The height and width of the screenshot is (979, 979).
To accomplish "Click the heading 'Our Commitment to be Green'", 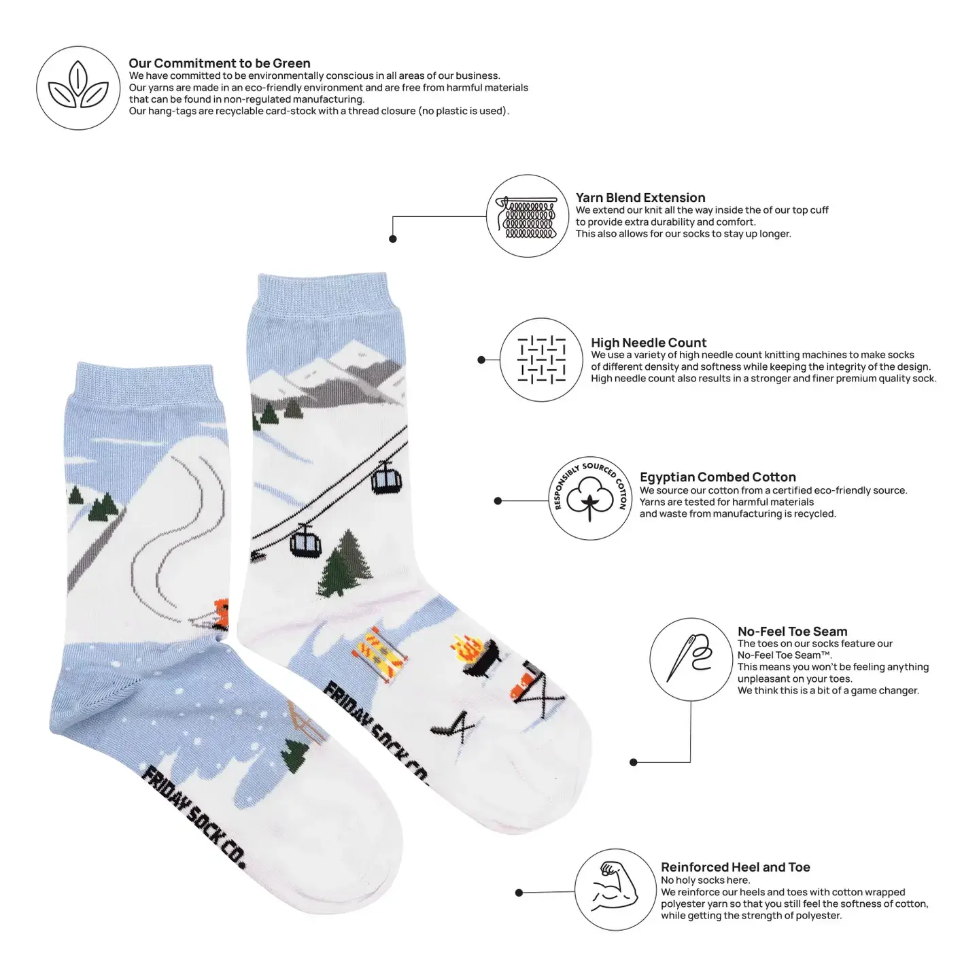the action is (x=220, y=63).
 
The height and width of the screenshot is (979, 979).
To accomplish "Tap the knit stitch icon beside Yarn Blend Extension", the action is (x=528, y=217).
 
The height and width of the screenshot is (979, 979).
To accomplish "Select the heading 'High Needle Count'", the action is (x=649, y=343).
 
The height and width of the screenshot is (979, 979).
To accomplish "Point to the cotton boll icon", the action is (x=590, y=497).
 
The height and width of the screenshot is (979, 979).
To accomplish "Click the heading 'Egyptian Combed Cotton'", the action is (x=717, y=477).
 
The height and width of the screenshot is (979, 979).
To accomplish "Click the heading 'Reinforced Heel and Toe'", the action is (x=735, y=867).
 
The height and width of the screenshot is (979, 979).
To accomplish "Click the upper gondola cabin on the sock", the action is (x=386, y=479).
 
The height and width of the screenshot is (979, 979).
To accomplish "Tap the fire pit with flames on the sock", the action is (x=475, y=656).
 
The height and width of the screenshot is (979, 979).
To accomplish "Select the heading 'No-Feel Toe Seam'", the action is (x=792, y=631).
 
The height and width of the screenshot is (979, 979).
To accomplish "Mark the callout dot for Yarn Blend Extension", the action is (x=393, y=239).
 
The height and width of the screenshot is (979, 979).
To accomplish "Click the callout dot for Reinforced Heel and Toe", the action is (x=519, y=893).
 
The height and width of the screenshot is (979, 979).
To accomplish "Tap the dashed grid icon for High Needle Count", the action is (x=541, y=359).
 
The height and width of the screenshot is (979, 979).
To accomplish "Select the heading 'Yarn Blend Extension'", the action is (x=640, y=197).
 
